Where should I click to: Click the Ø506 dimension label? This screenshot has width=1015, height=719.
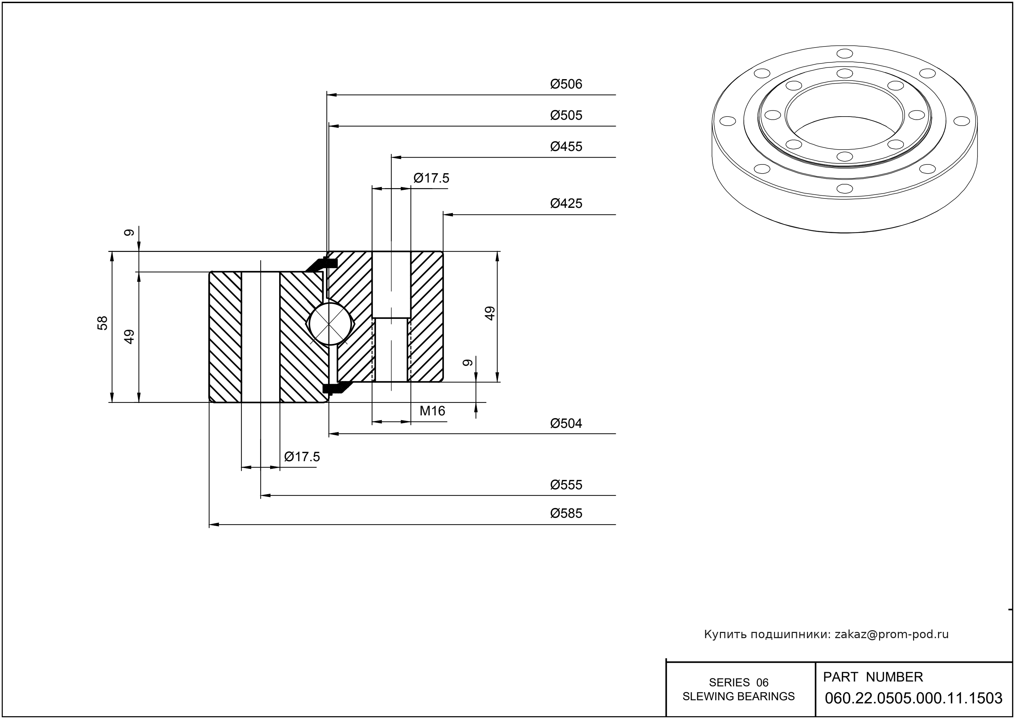tap(566, 84)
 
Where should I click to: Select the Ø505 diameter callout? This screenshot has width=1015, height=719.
tap(566, 116)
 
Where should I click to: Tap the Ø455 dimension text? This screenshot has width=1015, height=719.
tap(566, 146)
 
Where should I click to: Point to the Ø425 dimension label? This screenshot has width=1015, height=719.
tap(566, 204)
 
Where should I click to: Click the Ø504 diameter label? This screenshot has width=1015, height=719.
tap(566, 424)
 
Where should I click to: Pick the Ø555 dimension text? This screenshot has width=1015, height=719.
tap(566, 485)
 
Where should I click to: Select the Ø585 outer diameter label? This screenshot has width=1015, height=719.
tap(566, 514)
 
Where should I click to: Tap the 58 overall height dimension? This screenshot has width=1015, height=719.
tap(103, 323)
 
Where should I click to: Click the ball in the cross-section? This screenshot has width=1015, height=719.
tap(330, 323)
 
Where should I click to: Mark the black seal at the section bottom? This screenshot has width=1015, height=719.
tap(335, 388)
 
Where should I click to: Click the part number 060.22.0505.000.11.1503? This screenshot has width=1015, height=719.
tap(913, 698)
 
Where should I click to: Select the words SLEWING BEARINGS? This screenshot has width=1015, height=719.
tap(739, 696)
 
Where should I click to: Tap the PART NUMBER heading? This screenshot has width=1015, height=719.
tap(872, 677)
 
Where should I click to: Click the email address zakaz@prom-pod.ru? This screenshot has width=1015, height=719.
tap(891, 634)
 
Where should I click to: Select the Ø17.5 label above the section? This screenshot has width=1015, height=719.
tap(431, 178)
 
